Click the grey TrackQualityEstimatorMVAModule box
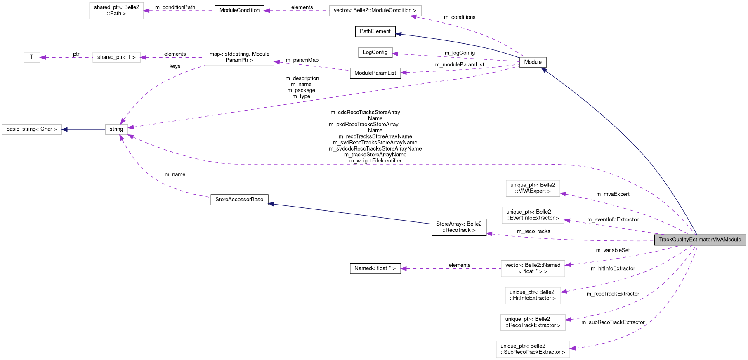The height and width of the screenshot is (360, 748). pyautogui.click(x=700, y=240)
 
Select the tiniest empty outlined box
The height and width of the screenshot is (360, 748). pyautogui.click(x=32, y=57)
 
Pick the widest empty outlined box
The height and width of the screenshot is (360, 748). pyautogui.click(x=375, y=11)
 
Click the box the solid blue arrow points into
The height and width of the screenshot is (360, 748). pyautogui.click(x=32, y=129)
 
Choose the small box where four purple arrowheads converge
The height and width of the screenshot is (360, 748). pyautogui.click(x=116, y=129)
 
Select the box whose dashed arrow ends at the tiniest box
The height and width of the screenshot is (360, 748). pyautogui.click(x=116, y=57)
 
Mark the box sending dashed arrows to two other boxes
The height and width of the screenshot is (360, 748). pyautogui.click(x=239, y=57)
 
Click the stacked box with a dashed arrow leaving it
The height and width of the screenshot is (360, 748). pyautogui.click(x=533, y=268)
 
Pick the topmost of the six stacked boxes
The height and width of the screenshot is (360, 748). pyautogui.click(x=533, y=188)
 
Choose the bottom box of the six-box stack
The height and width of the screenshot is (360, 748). pyautogui.click(x=533, y=349)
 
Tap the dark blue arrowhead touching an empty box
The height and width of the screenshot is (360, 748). pyautogui.click(x=64, y=129)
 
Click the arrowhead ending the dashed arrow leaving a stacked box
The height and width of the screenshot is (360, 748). pyautogui.click(x=403, y=268)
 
